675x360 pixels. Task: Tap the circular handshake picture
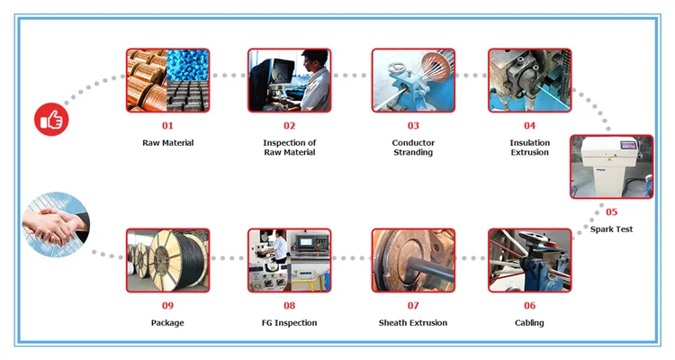(x=56, y=225)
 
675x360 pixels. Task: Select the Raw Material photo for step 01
(x=167, y=80)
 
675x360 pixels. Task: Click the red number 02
(x=289, y=126)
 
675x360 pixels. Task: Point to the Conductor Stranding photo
(x=413, y=80)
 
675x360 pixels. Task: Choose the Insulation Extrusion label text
(x=529, y=148)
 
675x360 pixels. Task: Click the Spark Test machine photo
(x=611, y=166)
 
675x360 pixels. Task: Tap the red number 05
(x=611, y=212)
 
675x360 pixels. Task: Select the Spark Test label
(x=611, y=229)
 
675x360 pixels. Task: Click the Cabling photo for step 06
(x=529, y=260)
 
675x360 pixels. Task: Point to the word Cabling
(x=529, y=323)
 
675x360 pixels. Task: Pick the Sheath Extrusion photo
(x=413, y=260)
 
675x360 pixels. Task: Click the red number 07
(x=413, y=306)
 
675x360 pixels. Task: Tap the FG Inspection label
(x=289, y=323)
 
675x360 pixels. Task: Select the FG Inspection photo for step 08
(x=289, y=260)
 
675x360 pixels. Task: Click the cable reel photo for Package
(x=167, y=260)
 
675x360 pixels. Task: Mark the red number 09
(x=167, y=306)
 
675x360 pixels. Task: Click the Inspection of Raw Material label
(x=289, y=148)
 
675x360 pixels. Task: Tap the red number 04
(x=529, y=126)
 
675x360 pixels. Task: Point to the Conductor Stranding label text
(x=413, y=148)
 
